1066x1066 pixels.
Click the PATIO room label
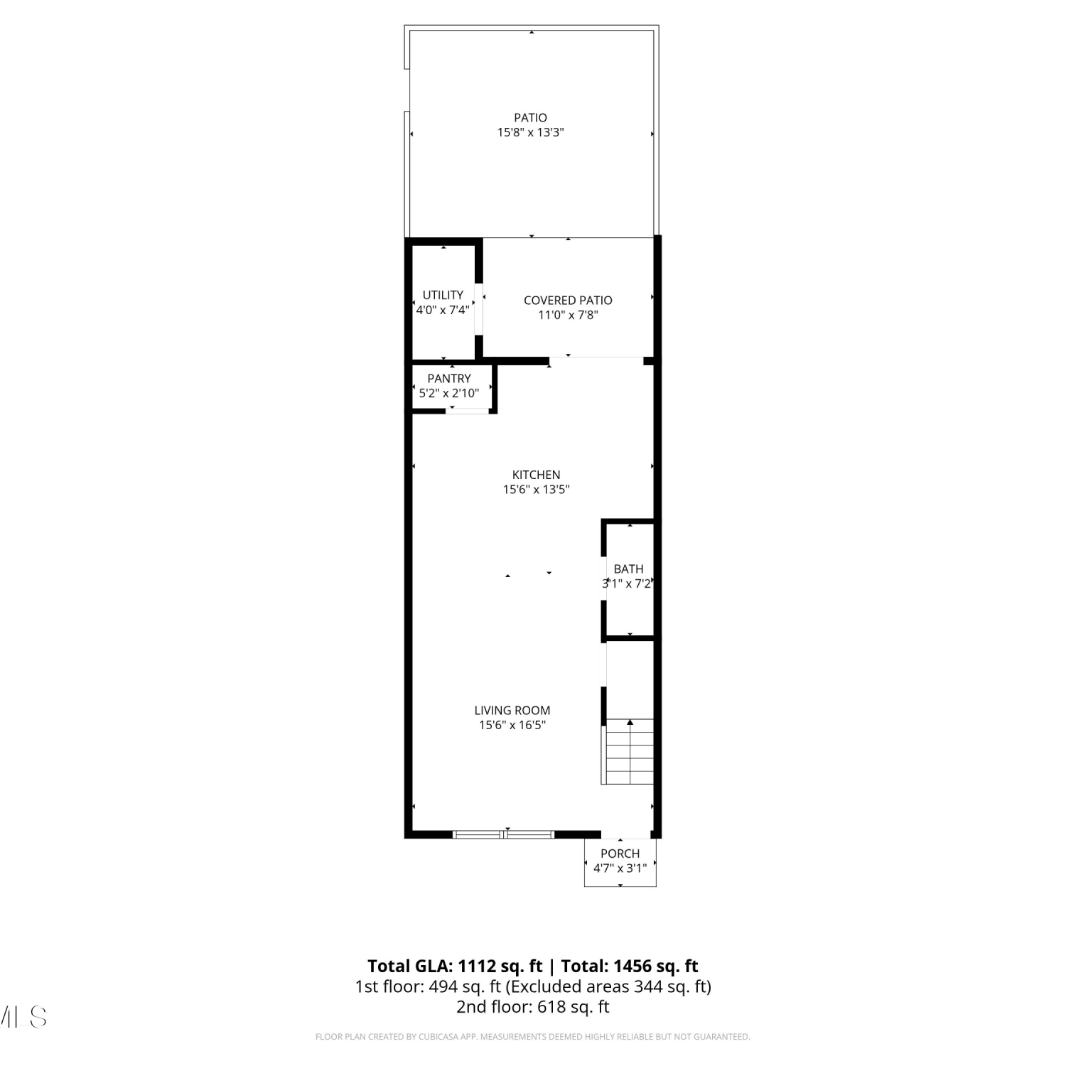pyautogui.click(x=531, y=118)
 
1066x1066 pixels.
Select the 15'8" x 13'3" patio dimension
pyautogui.click(x=531, y=132)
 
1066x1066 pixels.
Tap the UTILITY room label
pyautogui.click(x=443, y=295)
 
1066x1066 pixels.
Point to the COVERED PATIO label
pyautogui.click(x=568, y=301)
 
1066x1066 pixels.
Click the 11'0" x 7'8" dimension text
pyautogui.click(x=568, y=315)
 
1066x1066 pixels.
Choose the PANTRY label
pyautogui.click(x=449, y=379)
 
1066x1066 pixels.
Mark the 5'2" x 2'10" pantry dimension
pyautogui.click(x=449, y=393)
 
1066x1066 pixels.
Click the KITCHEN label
pyautogui.click(x=537, y=475)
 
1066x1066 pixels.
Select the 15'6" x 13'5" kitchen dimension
pyautogui.click(x=537, y=489)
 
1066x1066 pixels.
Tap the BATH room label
pyautogui.click(x=629, y=569)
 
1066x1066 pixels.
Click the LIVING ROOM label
pyautogui.click(x=512, y=711)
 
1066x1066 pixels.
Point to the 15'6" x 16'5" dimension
pyautogui.click(x=512, y=725)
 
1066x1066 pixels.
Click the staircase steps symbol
pyautogui.click(x=628, y=752)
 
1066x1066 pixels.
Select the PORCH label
pyautogui.click(x=620, y=854)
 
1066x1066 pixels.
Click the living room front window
pyautogui.click(x=504, y=834)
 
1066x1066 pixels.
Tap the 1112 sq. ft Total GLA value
pyautogui.click(x=500, y=967)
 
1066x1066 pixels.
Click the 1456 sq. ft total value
pyautogui.click(x=656, y=967)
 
